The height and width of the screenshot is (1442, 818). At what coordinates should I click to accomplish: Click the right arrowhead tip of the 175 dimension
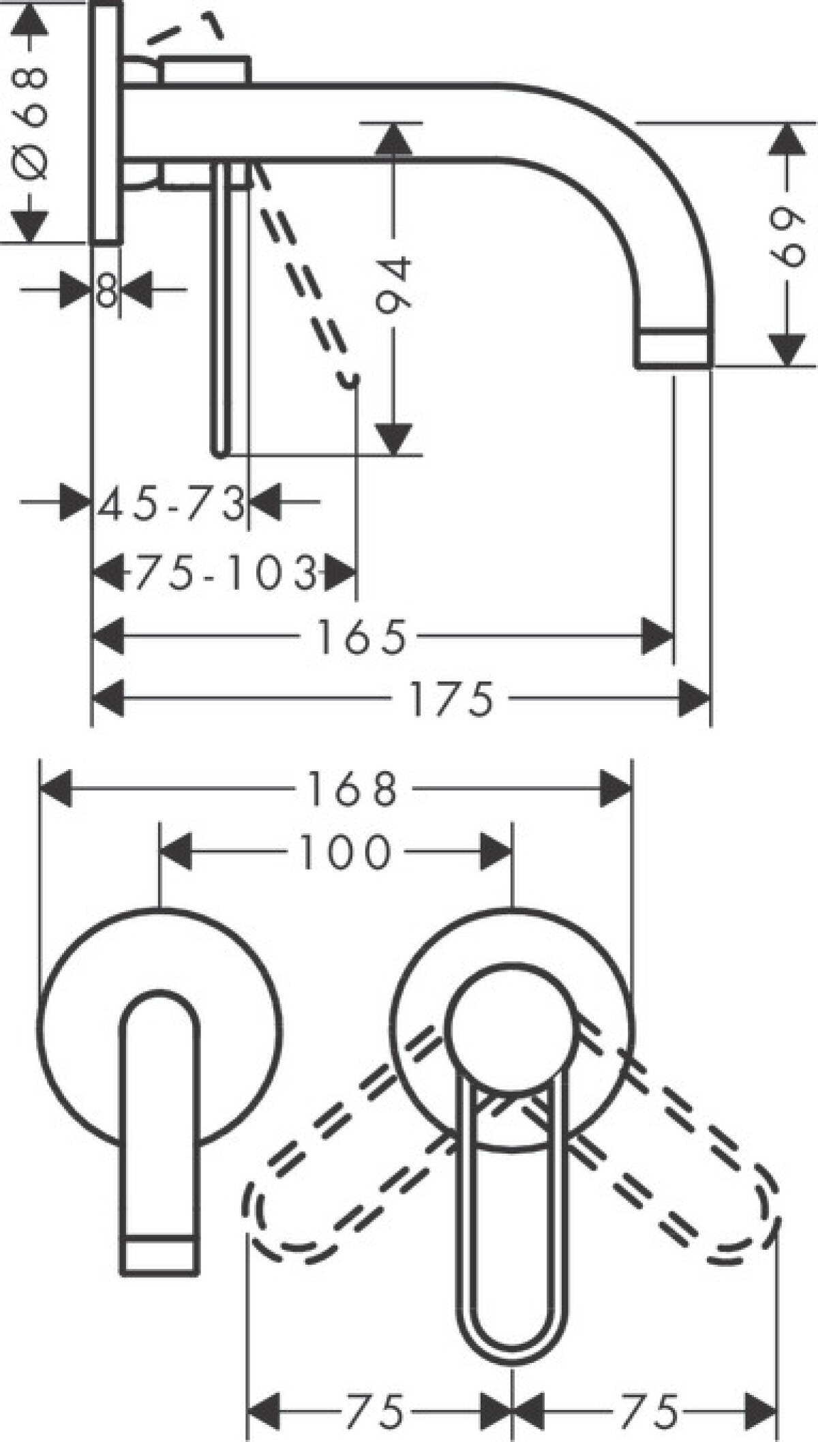710,698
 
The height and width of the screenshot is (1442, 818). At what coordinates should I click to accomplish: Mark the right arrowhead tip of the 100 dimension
511,851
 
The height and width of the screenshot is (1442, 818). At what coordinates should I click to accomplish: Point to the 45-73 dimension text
171,503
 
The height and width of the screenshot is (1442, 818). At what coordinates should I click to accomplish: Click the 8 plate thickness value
107,291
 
